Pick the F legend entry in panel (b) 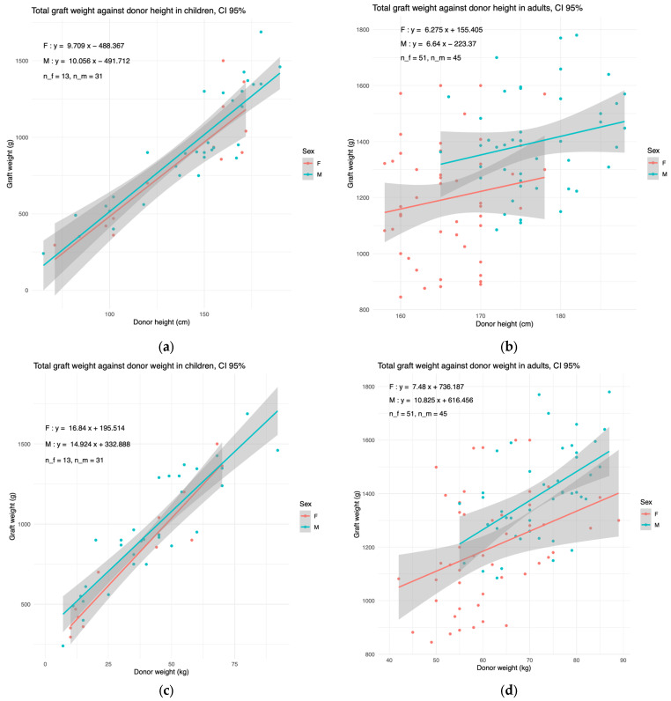pyautogui.click(x=653, y=163)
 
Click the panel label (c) pyautogui.click(x=166, y=690)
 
